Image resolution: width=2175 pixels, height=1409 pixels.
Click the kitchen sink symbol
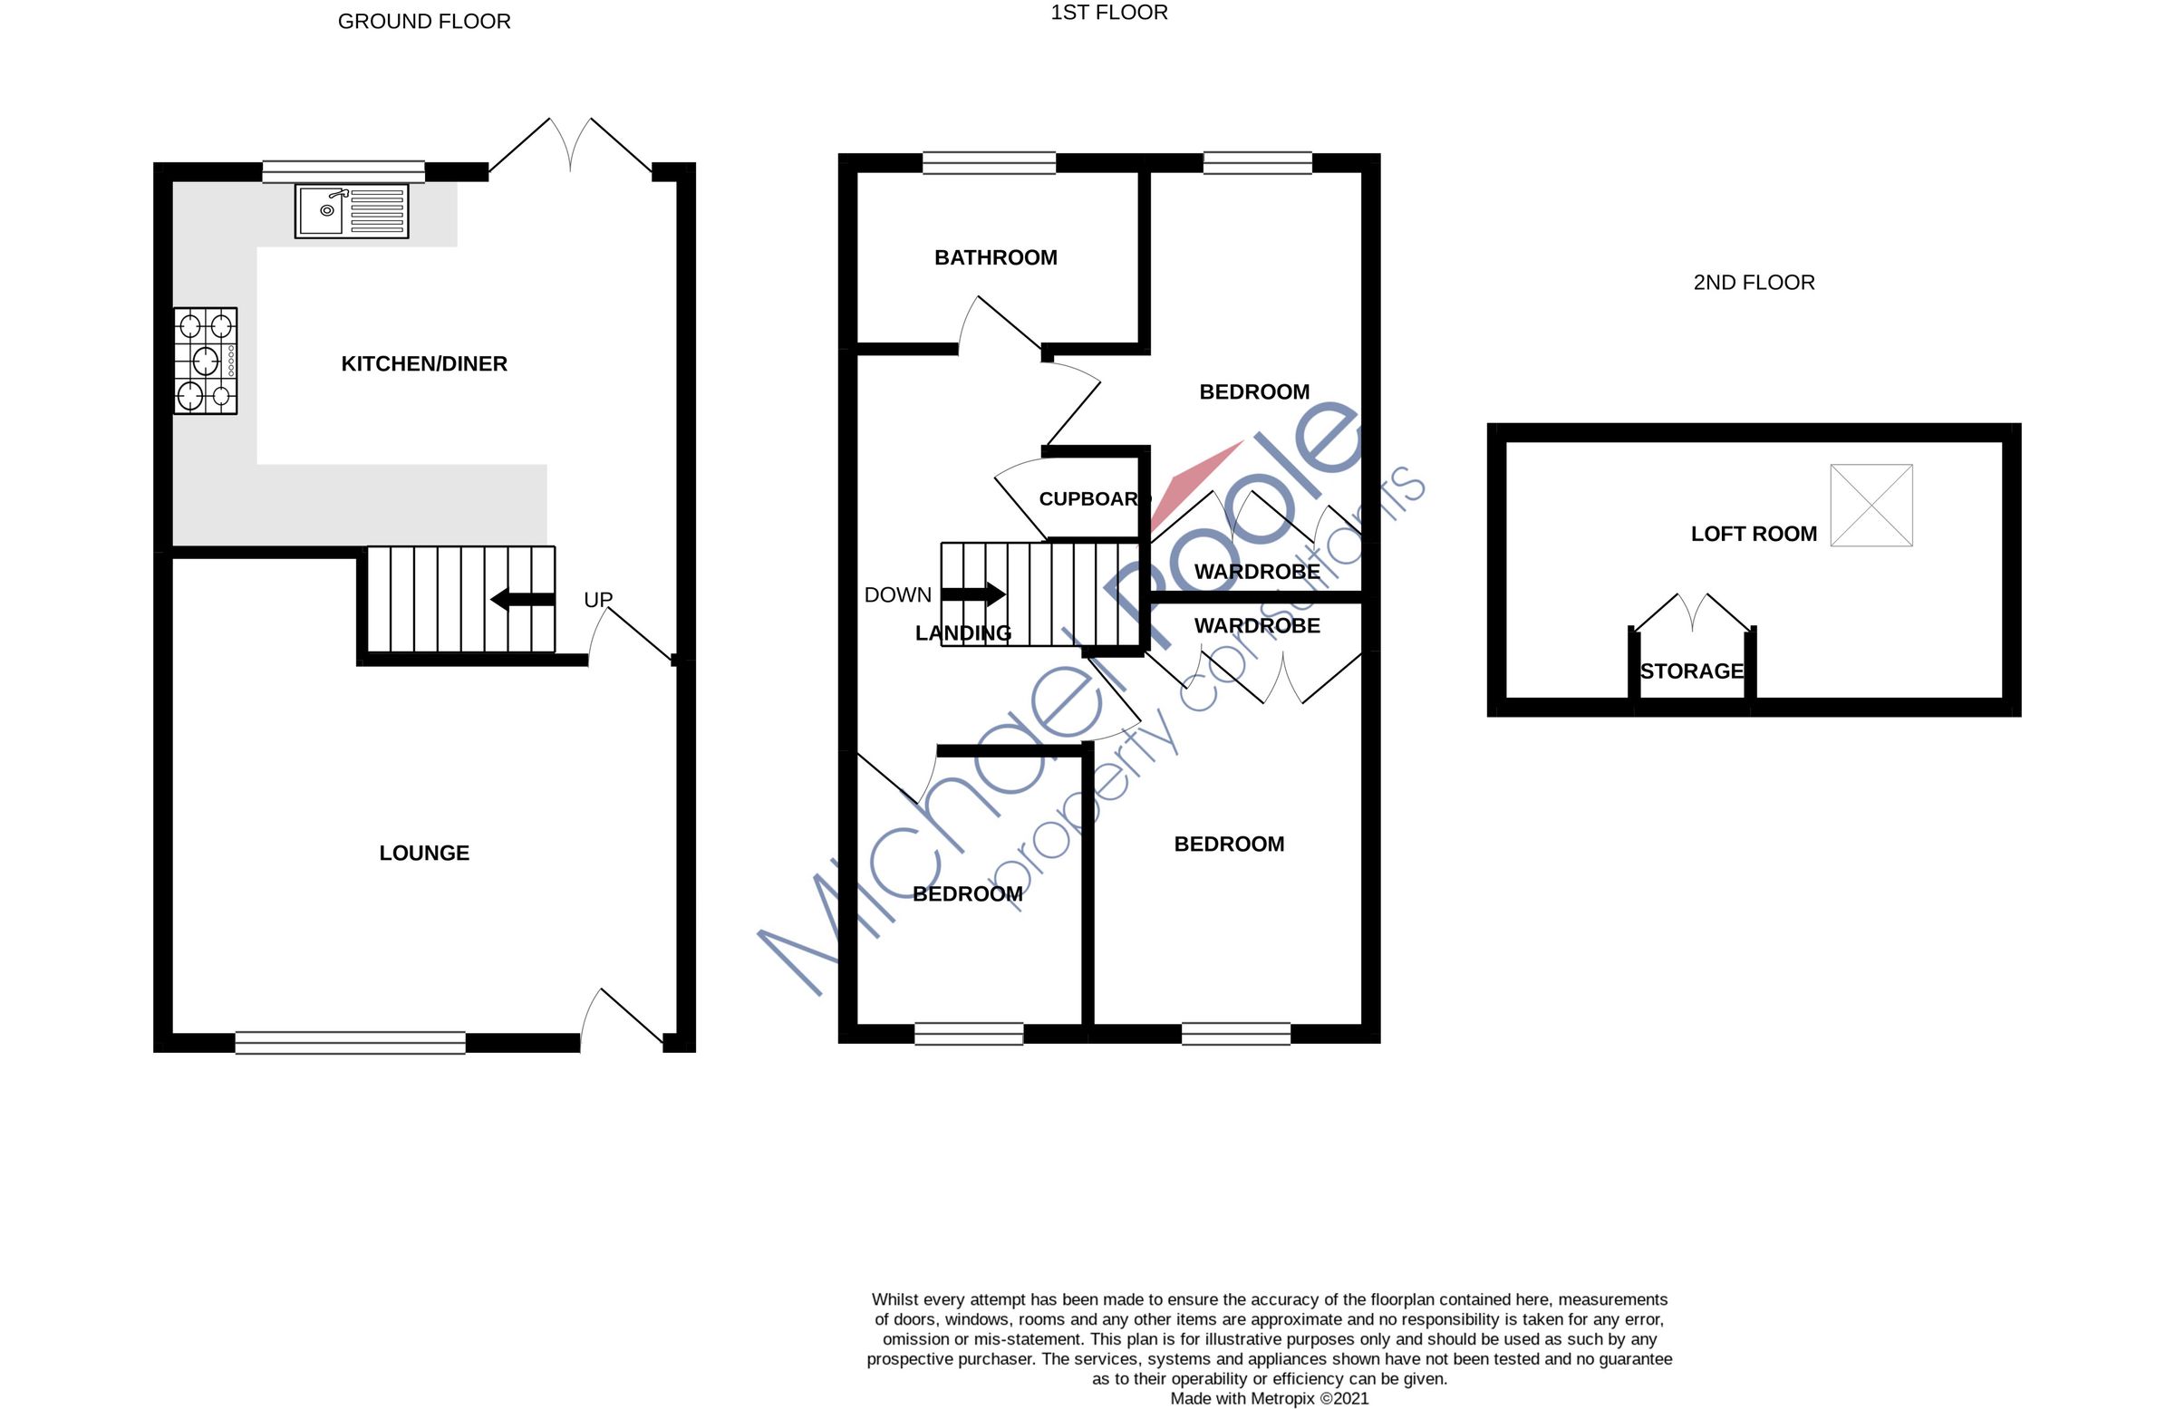(351, 211)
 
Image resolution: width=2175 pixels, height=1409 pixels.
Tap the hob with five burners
(206, 361)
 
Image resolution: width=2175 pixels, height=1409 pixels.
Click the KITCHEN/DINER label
(424, 363)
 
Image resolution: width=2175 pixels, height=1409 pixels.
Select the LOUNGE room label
(424, 853)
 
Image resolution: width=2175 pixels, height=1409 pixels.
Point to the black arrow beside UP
(523, 600)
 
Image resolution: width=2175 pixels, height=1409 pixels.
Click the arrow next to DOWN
(973, 594)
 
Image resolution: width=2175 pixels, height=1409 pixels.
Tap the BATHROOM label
(995, 257)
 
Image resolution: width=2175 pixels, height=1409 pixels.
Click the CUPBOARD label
(1088, 499)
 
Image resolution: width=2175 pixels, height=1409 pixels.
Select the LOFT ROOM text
(1753, 534)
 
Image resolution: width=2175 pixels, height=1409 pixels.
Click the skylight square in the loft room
(1870, 506)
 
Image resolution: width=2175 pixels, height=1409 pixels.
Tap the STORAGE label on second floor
(1692, 671)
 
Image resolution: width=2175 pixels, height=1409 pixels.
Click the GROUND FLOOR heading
(424, 21)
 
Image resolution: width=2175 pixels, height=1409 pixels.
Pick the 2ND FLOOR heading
(1753, 283)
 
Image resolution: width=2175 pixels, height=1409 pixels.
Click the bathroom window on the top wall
(989, 164)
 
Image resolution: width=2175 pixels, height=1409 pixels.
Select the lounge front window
(350, 1043)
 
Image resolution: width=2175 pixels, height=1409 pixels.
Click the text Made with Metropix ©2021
(1269, 1398)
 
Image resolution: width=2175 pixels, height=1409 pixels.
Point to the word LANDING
(962, 633)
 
